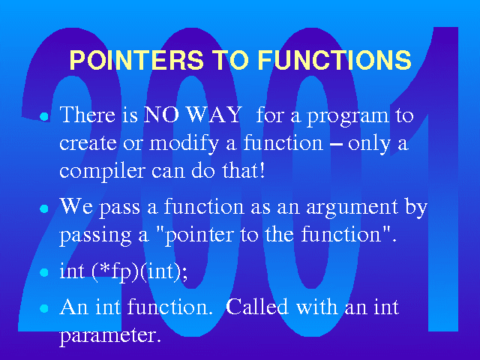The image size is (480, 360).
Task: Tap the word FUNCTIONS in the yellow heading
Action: (334, 59)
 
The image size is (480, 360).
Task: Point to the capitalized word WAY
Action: (214, 115)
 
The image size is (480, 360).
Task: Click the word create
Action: (88, 143)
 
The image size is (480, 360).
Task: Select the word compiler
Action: (102, 172)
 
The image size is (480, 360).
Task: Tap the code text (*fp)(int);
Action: (140, 271)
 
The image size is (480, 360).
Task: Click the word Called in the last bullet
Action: (257, 307)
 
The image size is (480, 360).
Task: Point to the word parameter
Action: (110, 336)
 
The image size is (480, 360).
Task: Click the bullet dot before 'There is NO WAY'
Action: (44, 117)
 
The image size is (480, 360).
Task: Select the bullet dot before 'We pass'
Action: (44, 208)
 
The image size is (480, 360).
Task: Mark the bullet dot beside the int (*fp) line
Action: (44, 272)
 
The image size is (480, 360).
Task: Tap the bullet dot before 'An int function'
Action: (44, 308)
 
